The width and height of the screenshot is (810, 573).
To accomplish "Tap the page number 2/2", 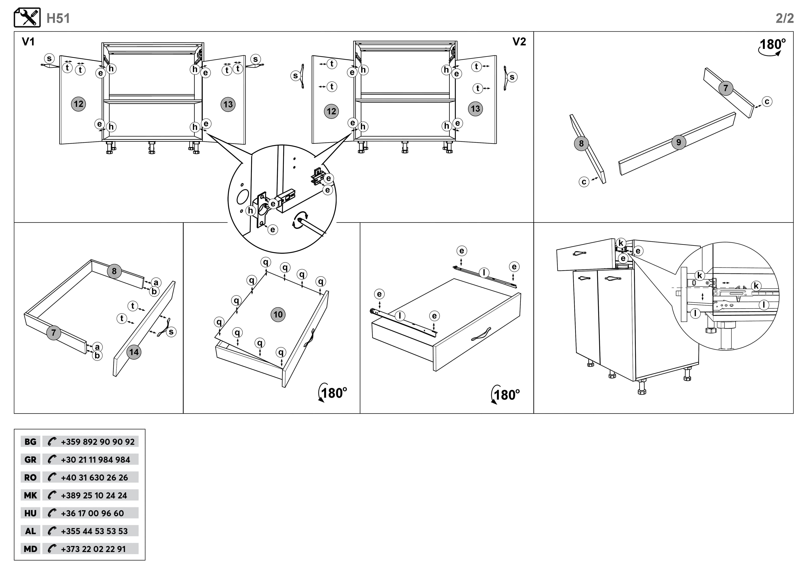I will [785, 18].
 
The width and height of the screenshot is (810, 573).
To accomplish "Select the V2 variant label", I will [519, 42].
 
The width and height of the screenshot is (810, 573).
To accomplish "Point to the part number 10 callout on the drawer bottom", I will [278, 314].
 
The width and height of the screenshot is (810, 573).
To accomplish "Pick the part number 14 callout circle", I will [134, 352].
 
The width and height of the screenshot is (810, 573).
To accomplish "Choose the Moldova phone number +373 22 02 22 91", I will [93, 549].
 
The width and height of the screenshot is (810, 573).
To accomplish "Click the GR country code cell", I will [30, 460].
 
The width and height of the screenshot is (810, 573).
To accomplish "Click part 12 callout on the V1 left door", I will [78, 104].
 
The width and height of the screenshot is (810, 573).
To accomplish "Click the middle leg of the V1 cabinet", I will [152, 148].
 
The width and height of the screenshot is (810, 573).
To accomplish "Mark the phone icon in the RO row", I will [52, 477].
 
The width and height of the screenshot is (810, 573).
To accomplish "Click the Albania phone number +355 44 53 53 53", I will [94, 531].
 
